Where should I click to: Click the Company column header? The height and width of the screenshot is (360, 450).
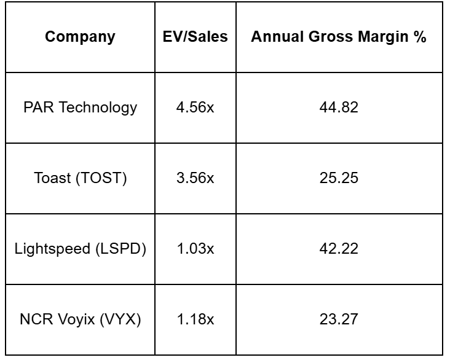[80, 37]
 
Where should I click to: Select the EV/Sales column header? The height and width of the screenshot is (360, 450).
[195, 37]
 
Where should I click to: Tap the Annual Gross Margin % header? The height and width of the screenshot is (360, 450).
[339, 37]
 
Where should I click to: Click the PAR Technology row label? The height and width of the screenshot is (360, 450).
[80, 108]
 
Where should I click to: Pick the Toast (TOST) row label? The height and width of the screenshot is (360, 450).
[80, 178]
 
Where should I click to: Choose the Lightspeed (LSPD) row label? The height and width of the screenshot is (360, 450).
[80, 249]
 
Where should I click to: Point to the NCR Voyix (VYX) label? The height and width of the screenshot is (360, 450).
[80, 319]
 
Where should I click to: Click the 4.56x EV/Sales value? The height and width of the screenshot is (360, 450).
[195, 108]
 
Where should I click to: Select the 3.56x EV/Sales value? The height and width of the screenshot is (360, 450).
[195, 178]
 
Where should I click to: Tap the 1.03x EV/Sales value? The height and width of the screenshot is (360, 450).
[195, 249]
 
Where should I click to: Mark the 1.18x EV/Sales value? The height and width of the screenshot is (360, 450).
[195, 319]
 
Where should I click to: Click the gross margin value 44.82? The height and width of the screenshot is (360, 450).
[339, 108]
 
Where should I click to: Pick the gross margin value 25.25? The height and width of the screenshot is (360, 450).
[339, 178]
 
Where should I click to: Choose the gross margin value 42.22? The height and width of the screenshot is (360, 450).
[339, 249]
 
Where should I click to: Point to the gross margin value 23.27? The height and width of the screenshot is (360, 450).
[339, 319]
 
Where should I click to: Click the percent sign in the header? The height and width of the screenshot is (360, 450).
[420, 37]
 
